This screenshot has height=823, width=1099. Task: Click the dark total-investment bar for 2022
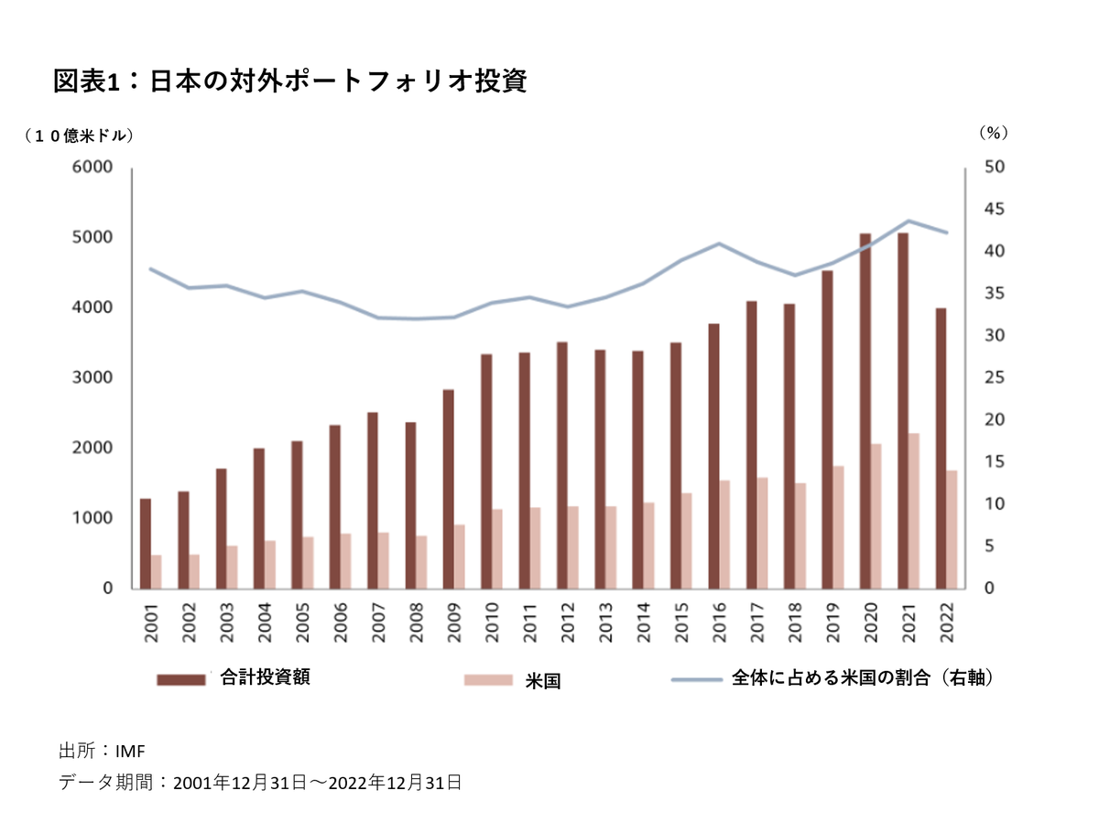pos(941,448)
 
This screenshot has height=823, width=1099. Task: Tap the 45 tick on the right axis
pos(995,210)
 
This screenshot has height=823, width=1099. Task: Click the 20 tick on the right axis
pos(995,420)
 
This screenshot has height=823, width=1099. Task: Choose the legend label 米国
pos(542,680)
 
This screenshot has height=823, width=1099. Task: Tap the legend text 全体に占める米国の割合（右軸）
pos(863,678)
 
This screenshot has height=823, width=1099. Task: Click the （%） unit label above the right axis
pos(993,133)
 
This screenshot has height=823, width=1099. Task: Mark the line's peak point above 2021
pos(909,221)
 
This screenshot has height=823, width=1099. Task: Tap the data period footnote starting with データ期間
pos(259,783)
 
